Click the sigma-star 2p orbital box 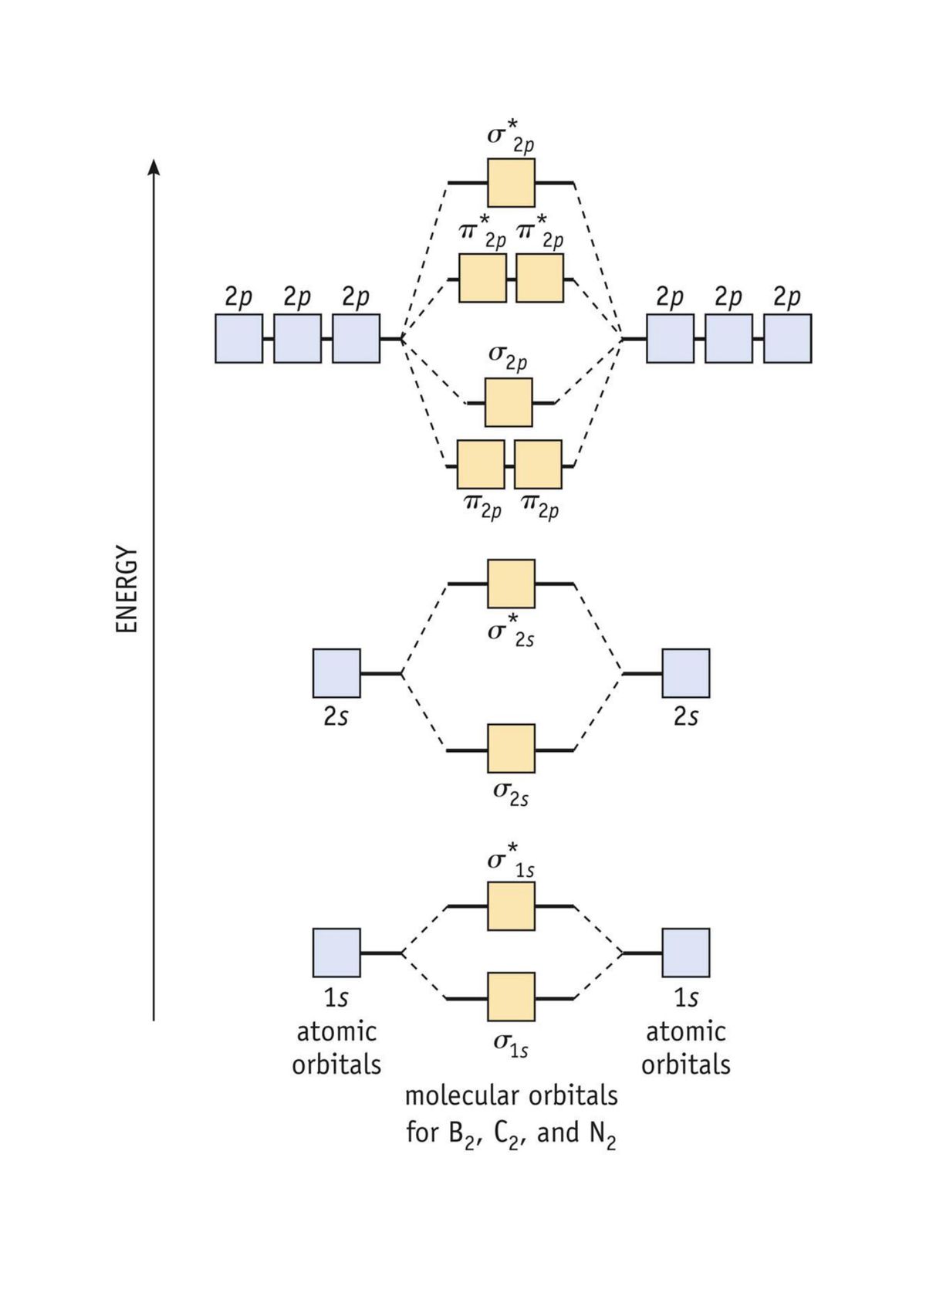point(511,183)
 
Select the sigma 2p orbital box point(509,402)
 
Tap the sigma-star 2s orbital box point(511,584)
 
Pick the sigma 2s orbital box point(511,749)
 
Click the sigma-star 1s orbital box point(511,906)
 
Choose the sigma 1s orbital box point(511,997)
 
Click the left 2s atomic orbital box point(336,673)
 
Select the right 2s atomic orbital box point(686,673)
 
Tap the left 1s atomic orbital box point(336,953)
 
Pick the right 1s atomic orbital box point(686,953)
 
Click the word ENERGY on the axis point(127,591)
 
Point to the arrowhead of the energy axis point(154,167)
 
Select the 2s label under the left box point(336,717)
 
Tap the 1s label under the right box point(686,998)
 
